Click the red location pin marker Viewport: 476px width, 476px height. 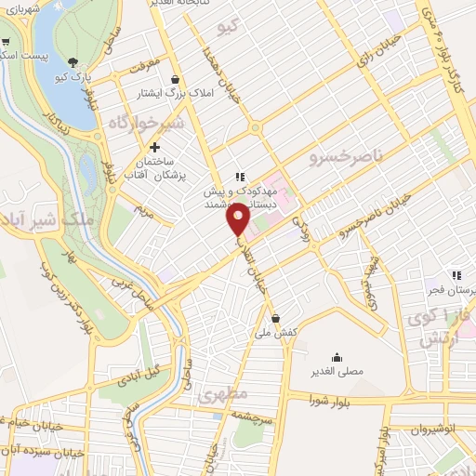click(240, 219)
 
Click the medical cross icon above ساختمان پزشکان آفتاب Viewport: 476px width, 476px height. click(154, 147)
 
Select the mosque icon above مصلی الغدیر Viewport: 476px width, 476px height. click(337, 357)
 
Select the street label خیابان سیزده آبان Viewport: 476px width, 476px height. click(42, 452)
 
